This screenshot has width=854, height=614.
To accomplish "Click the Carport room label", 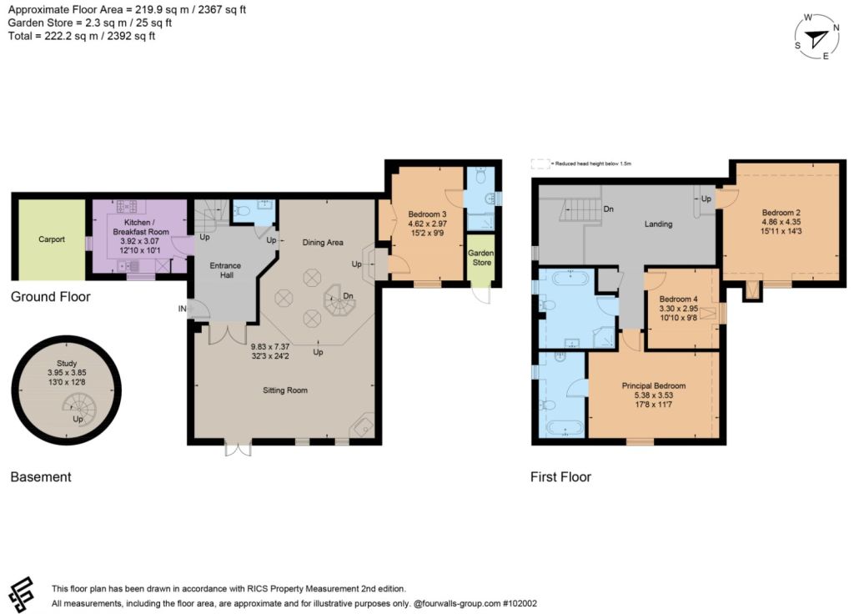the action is point(52,239).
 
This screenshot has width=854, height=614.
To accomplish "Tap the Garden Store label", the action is point(481,258).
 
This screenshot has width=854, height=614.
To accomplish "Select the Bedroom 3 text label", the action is point(428,214).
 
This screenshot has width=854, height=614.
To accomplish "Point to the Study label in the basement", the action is point(67,363).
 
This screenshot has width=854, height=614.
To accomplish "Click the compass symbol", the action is point(816,37).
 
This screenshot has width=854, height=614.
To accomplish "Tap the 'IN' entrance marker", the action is point(182,309).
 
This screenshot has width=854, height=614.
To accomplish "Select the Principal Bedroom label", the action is point(654,385).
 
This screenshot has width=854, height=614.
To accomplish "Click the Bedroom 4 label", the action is point(678,299).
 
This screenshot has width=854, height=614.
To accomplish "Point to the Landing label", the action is point(659,224).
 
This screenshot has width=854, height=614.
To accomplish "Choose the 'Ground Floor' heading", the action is point(51,297).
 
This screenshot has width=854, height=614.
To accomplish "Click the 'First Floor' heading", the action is point(561,477).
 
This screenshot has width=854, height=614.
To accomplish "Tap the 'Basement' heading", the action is point(41,477).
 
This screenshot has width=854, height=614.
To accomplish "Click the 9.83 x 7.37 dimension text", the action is point(270,346).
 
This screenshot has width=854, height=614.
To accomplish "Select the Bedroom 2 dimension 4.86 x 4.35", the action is point(781,222).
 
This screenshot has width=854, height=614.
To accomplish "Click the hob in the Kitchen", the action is point(127,207).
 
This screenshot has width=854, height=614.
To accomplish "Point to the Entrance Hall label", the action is point(225,270).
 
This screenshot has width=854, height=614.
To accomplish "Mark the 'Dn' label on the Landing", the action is point(608,209).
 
